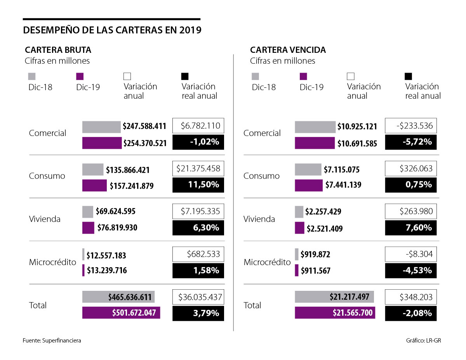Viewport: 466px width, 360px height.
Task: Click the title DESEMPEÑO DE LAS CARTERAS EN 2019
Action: pyautogui.click(x=112, y=30)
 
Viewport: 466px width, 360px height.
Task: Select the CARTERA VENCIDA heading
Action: pyautogui.click(x=288, y=50)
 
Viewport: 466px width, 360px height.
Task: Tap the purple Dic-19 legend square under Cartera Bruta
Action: pyautogui.click(x=80, y=76)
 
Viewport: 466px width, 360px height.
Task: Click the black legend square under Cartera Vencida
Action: pyautogui.click(x=409, y=76)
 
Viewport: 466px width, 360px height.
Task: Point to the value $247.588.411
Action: pyautogui.click(x=144, y=126)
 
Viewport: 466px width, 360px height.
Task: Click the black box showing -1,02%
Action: pyautogui.click(x=198, y=142)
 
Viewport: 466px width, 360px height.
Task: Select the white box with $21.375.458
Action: pyautogui.click(x=198, y=169)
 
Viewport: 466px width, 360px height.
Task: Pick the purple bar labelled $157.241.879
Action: pyautogui.click(x=94, y=186)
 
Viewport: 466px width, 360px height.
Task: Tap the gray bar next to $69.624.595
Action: pyautogui.click(x=88, y=212)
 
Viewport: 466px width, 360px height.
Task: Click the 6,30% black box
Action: pyautogui.click(x=198, y=228)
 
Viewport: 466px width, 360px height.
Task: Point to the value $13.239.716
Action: pyautogui.click(x=107, y=270)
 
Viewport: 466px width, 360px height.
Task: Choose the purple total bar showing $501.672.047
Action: pyautogui.click(x=121, y=313)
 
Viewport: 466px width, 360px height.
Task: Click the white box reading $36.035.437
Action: pyautogui.click(x=198, y=297)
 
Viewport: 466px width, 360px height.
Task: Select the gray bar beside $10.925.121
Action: pyautogui.click(x=315, y=127)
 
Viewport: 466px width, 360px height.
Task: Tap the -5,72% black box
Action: pyautogui.click(x=411, y=142)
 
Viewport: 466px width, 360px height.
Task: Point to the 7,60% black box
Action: pyautogui.click(x=411, y=228)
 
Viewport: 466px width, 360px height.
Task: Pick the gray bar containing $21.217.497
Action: pyautogui.click(x=334, y=297)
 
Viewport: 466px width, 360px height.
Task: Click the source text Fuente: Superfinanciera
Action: pyautogui.click(x=52, y=341)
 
